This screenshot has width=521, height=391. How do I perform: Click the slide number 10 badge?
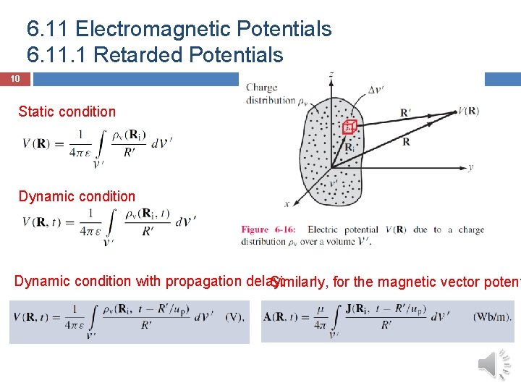click(15, 79)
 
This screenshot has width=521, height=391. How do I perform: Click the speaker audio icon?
click(496, 364)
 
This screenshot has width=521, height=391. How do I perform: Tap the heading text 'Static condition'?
click(67, 112)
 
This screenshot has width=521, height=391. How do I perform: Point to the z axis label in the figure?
click(331, 75)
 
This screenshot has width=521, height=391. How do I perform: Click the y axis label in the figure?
click(470, 167)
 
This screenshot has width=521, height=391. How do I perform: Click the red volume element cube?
click(349, 127)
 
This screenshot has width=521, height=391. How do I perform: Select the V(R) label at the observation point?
click(468, 111)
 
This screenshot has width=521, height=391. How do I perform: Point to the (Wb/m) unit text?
click(493, 316)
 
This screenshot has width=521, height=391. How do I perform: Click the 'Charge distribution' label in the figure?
click(271, 94)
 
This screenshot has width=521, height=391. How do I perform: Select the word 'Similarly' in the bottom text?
click(296, 282)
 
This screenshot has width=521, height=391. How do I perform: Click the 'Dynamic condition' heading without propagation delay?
click(77, 196)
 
